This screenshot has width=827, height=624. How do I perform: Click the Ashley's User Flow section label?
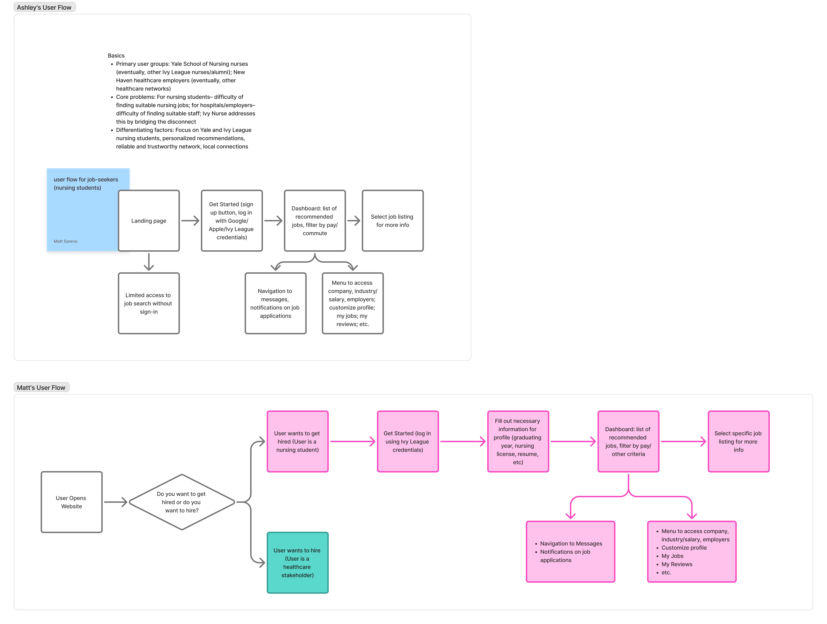click(44, 7)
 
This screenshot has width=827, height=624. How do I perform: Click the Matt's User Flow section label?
click(41, 387)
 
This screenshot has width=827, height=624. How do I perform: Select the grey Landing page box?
click(149, 221)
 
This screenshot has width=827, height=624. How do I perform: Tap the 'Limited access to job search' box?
click(149, 303)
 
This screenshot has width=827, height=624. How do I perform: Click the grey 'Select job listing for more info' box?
click(392, 221)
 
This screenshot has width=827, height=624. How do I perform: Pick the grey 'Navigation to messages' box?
click(275, 303)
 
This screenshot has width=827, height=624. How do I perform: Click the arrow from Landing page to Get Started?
click(190, 221)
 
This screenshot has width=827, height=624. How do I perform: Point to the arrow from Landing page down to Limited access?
click(149, 262)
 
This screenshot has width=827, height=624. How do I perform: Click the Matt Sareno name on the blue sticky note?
click(65, 241)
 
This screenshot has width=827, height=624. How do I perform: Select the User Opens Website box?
click(71, 502)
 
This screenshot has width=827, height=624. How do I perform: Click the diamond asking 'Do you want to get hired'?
click(182, 502)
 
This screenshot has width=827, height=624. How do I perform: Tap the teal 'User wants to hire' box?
click(298, 563)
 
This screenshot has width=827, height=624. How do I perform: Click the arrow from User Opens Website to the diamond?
click(116, 502)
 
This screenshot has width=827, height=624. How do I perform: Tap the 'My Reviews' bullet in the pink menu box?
click(677, 564)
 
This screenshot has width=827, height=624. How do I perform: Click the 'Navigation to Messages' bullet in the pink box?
click(571, 544)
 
